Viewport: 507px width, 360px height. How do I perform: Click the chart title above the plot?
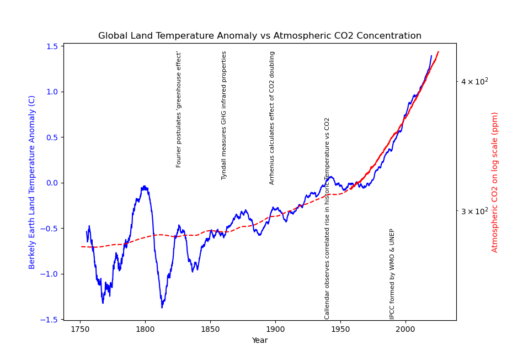pos(259,36)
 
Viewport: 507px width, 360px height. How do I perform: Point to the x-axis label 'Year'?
pos(259,341)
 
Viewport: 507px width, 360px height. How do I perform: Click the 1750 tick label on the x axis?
pos(80,329)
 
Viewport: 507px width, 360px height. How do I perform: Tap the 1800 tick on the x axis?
pos(145,329)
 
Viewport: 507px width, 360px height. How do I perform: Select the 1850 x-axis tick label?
pos(210,329)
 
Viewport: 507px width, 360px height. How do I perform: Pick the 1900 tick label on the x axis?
pos(275,329)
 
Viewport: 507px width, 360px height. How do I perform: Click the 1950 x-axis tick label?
pos(340,329)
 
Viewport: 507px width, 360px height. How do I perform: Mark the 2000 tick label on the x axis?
pos(405,329)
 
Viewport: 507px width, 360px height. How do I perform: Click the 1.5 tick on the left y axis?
pos(53,46)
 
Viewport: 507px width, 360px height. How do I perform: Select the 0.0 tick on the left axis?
pos(53,183)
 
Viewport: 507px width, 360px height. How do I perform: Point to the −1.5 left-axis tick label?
pos(51,320)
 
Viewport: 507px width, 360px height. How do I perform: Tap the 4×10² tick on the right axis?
pos(474,81)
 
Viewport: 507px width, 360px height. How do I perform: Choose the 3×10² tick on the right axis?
pos(474,211)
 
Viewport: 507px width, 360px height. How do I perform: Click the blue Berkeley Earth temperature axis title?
pos(32,182)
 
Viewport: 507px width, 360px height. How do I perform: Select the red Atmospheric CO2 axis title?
pos(495,182)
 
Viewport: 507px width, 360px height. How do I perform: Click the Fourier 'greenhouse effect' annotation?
pos(179,109)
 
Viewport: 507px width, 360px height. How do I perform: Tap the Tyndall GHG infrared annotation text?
pos(224,115)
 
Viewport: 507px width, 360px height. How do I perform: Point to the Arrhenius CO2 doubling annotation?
pos(272,118)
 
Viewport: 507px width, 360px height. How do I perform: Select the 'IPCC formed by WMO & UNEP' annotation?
pos(392,274)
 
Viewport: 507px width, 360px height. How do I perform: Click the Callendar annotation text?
pos(327,218)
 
